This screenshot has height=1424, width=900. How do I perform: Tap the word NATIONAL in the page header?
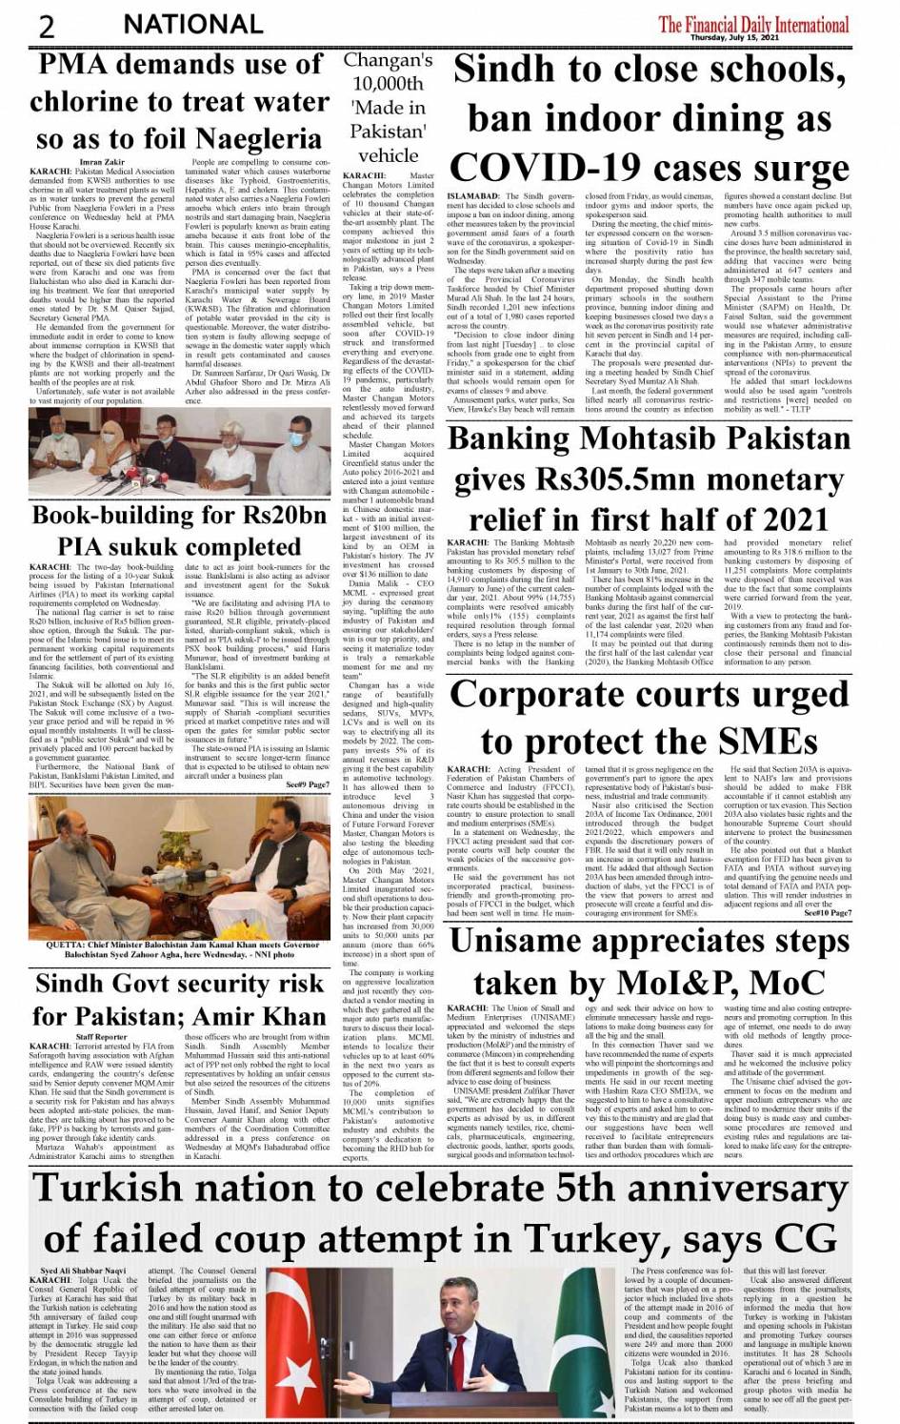pyautogui.click(x=193, y=24)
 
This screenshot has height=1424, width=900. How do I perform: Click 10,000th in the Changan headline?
pyautogui.click(x=388, y=84)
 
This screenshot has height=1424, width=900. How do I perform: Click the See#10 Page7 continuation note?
pyautogui.click(x=828, y=912)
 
